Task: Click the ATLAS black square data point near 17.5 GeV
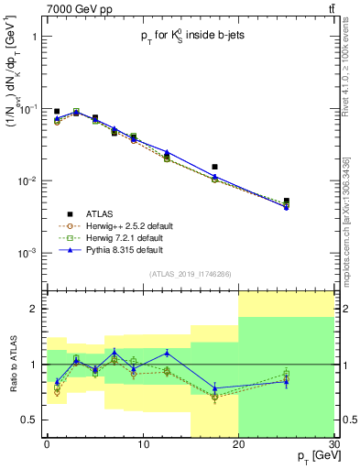pyautogui.click(x=214, y=167)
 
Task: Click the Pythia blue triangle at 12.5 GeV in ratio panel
pyautogui.click(x=167, y=353)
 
